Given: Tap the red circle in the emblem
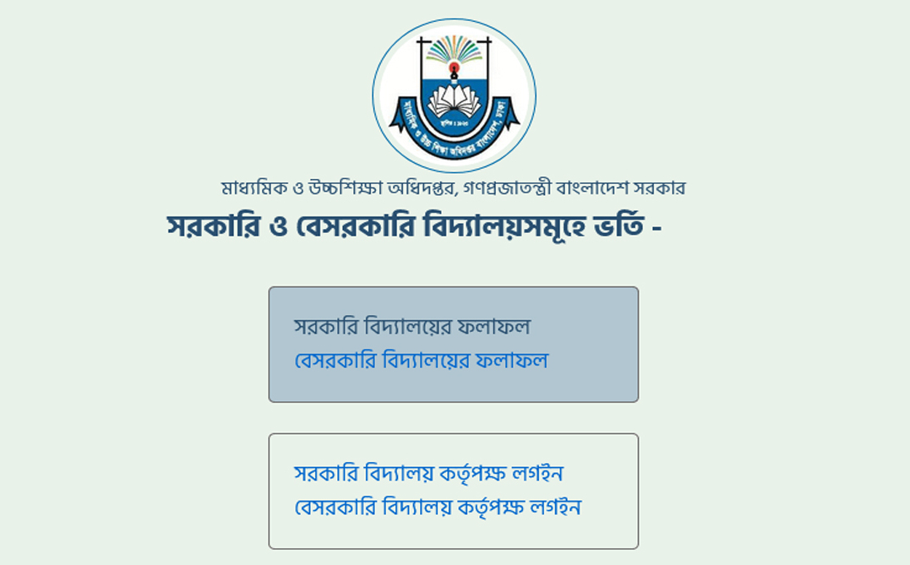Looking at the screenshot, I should click(x=454, y=67).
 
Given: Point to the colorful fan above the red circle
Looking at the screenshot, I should click(x=454, y=49).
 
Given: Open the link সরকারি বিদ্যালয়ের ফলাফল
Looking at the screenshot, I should click(x=412, y=326).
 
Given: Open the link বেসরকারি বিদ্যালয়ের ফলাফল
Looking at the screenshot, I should click(x=421, y=361).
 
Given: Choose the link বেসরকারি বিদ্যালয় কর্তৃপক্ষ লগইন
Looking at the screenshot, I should click(x=438, y=508).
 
